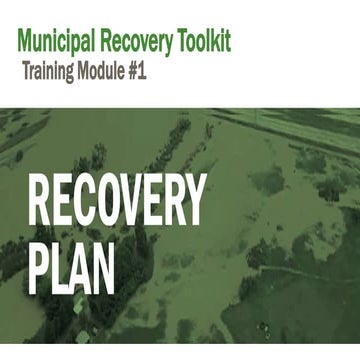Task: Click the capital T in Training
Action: pos(26,72)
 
